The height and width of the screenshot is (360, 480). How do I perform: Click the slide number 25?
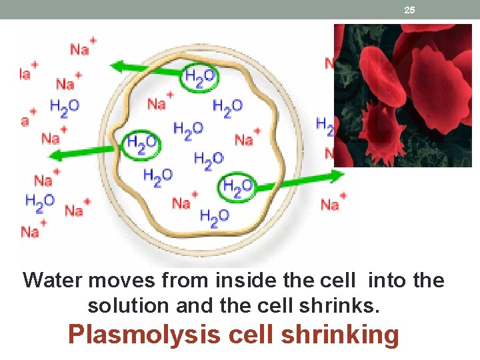(x=409, y=10)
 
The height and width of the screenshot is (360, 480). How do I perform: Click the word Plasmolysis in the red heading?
(x=143, y=335)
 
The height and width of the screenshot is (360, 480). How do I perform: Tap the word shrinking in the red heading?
(x=339, y=335)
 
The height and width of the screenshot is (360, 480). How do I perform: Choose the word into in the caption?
(x=387, y=281)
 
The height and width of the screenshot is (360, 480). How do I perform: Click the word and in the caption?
(x=193, y=305)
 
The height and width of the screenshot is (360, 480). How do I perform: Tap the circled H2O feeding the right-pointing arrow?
(x=237, y=187)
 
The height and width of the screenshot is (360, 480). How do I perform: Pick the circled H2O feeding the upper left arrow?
(x=199, y=78)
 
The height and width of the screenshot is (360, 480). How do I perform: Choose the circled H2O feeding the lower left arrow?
(x=141, y=142)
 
